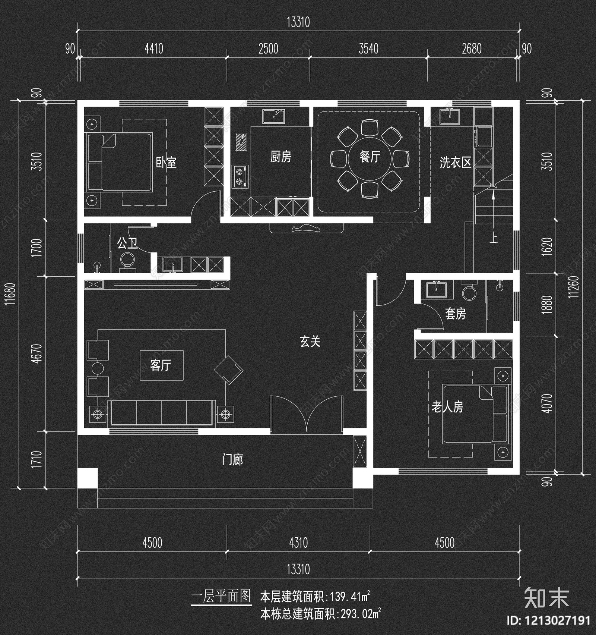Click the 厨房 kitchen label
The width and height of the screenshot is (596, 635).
pyautogui.click(x=280, y=157)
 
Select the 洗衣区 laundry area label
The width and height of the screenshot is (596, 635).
pyautogui.click(x=455, y=162)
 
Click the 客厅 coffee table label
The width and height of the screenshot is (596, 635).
pyautogui.click(x=161, y=365)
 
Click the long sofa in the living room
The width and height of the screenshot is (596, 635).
pyautogui.click(x=162, y=412)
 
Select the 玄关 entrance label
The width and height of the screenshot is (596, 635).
pyautogui.click(x=310, y=341)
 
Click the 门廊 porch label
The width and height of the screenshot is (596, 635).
pyautogui.click(x=232, y=460)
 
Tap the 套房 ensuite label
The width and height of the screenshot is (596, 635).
pyautogui.click(x=455, y=314)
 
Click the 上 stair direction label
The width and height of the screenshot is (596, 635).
pyautogui.click(x=494, y=238)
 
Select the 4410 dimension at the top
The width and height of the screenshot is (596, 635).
pyautogui.click(x=153, y=49)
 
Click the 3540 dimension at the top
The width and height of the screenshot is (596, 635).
pyautogui.click(x=368, y=49)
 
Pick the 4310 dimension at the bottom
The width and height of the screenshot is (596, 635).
pyautogui.click(x=298, y=543)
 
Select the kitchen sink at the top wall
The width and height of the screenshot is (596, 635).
pyautogui.click(x=273, y=116)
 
